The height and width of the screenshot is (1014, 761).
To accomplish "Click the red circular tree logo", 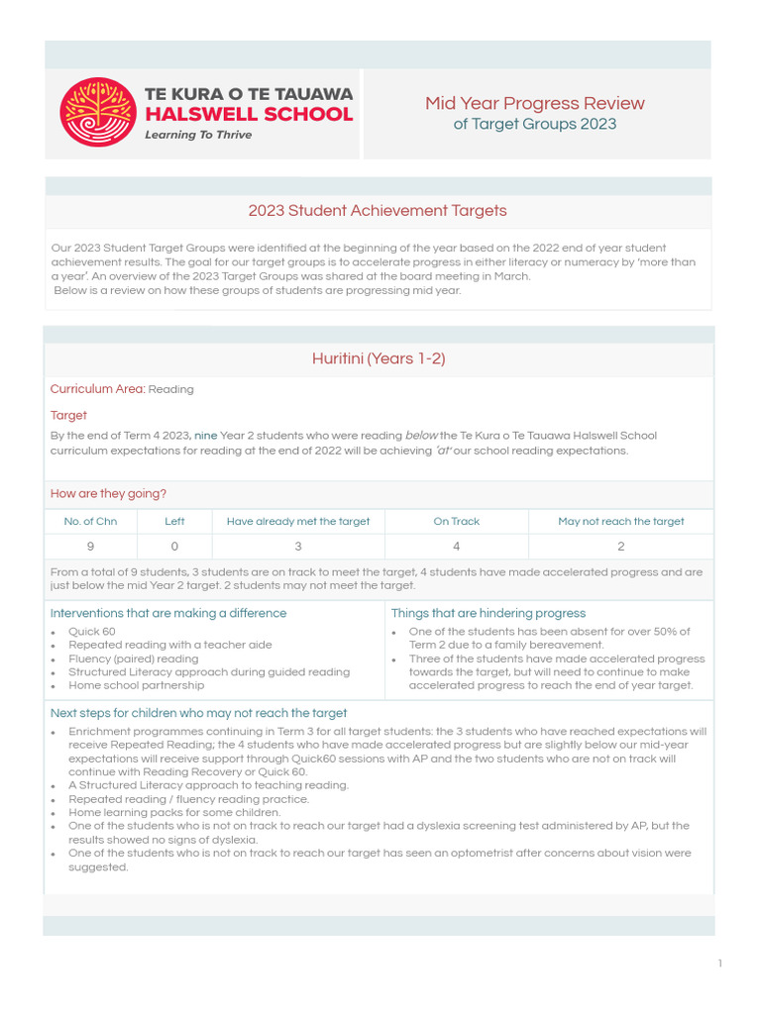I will [x=97, y=112].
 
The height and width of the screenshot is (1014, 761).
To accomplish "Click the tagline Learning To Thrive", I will [x=198, y=135].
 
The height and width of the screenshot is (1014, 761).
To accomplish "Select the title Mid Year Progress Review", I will [x=534, y=103].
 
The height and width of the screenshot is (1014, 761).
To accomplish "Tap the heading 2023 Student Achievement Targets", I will [x=378, y=210].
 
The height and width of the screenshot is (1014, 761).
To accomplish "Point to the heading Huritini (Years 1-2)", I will [x=379, y=358].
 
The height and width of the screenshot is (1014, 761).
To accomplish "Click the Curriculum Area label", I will [x=97, y=389].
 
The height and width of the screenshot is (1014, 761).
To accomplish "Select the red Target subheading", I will [x=68, y=416].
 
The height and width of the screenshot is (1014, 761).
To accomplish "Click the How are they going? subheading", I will [x=108, y=493].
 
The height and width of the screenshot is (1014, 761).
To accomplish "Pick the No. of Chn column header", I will [x=90, y=521].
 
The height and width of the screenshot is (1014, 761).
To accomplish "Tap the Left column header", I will [x=174, y=521].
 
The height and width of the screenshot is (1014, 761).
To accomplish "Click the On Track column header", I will [x=456, y=521].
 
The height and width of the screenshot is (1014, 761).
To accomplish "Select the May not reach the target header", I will [x=620, y=521].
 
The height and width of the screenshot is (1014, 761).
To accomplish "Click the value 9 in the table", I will [x=90, y=546].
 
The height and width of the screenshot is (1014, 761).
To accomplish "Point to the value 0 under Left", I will [x=174, y=546].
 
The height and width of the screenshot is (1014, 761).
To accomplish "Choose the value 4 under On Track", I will [x=456, y=546].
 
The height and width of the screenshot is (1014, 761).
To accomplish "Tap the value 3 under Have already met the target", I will [x=298, y=546].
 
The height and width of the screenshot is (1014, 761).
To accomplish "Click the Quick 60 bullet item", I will [x=91, y=631].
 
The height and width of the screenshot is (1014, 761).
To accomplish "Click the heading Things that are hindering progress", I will [x=488, y=613].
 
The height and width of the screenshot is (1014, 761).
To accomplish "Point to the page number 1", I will [x=720, y=963].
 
